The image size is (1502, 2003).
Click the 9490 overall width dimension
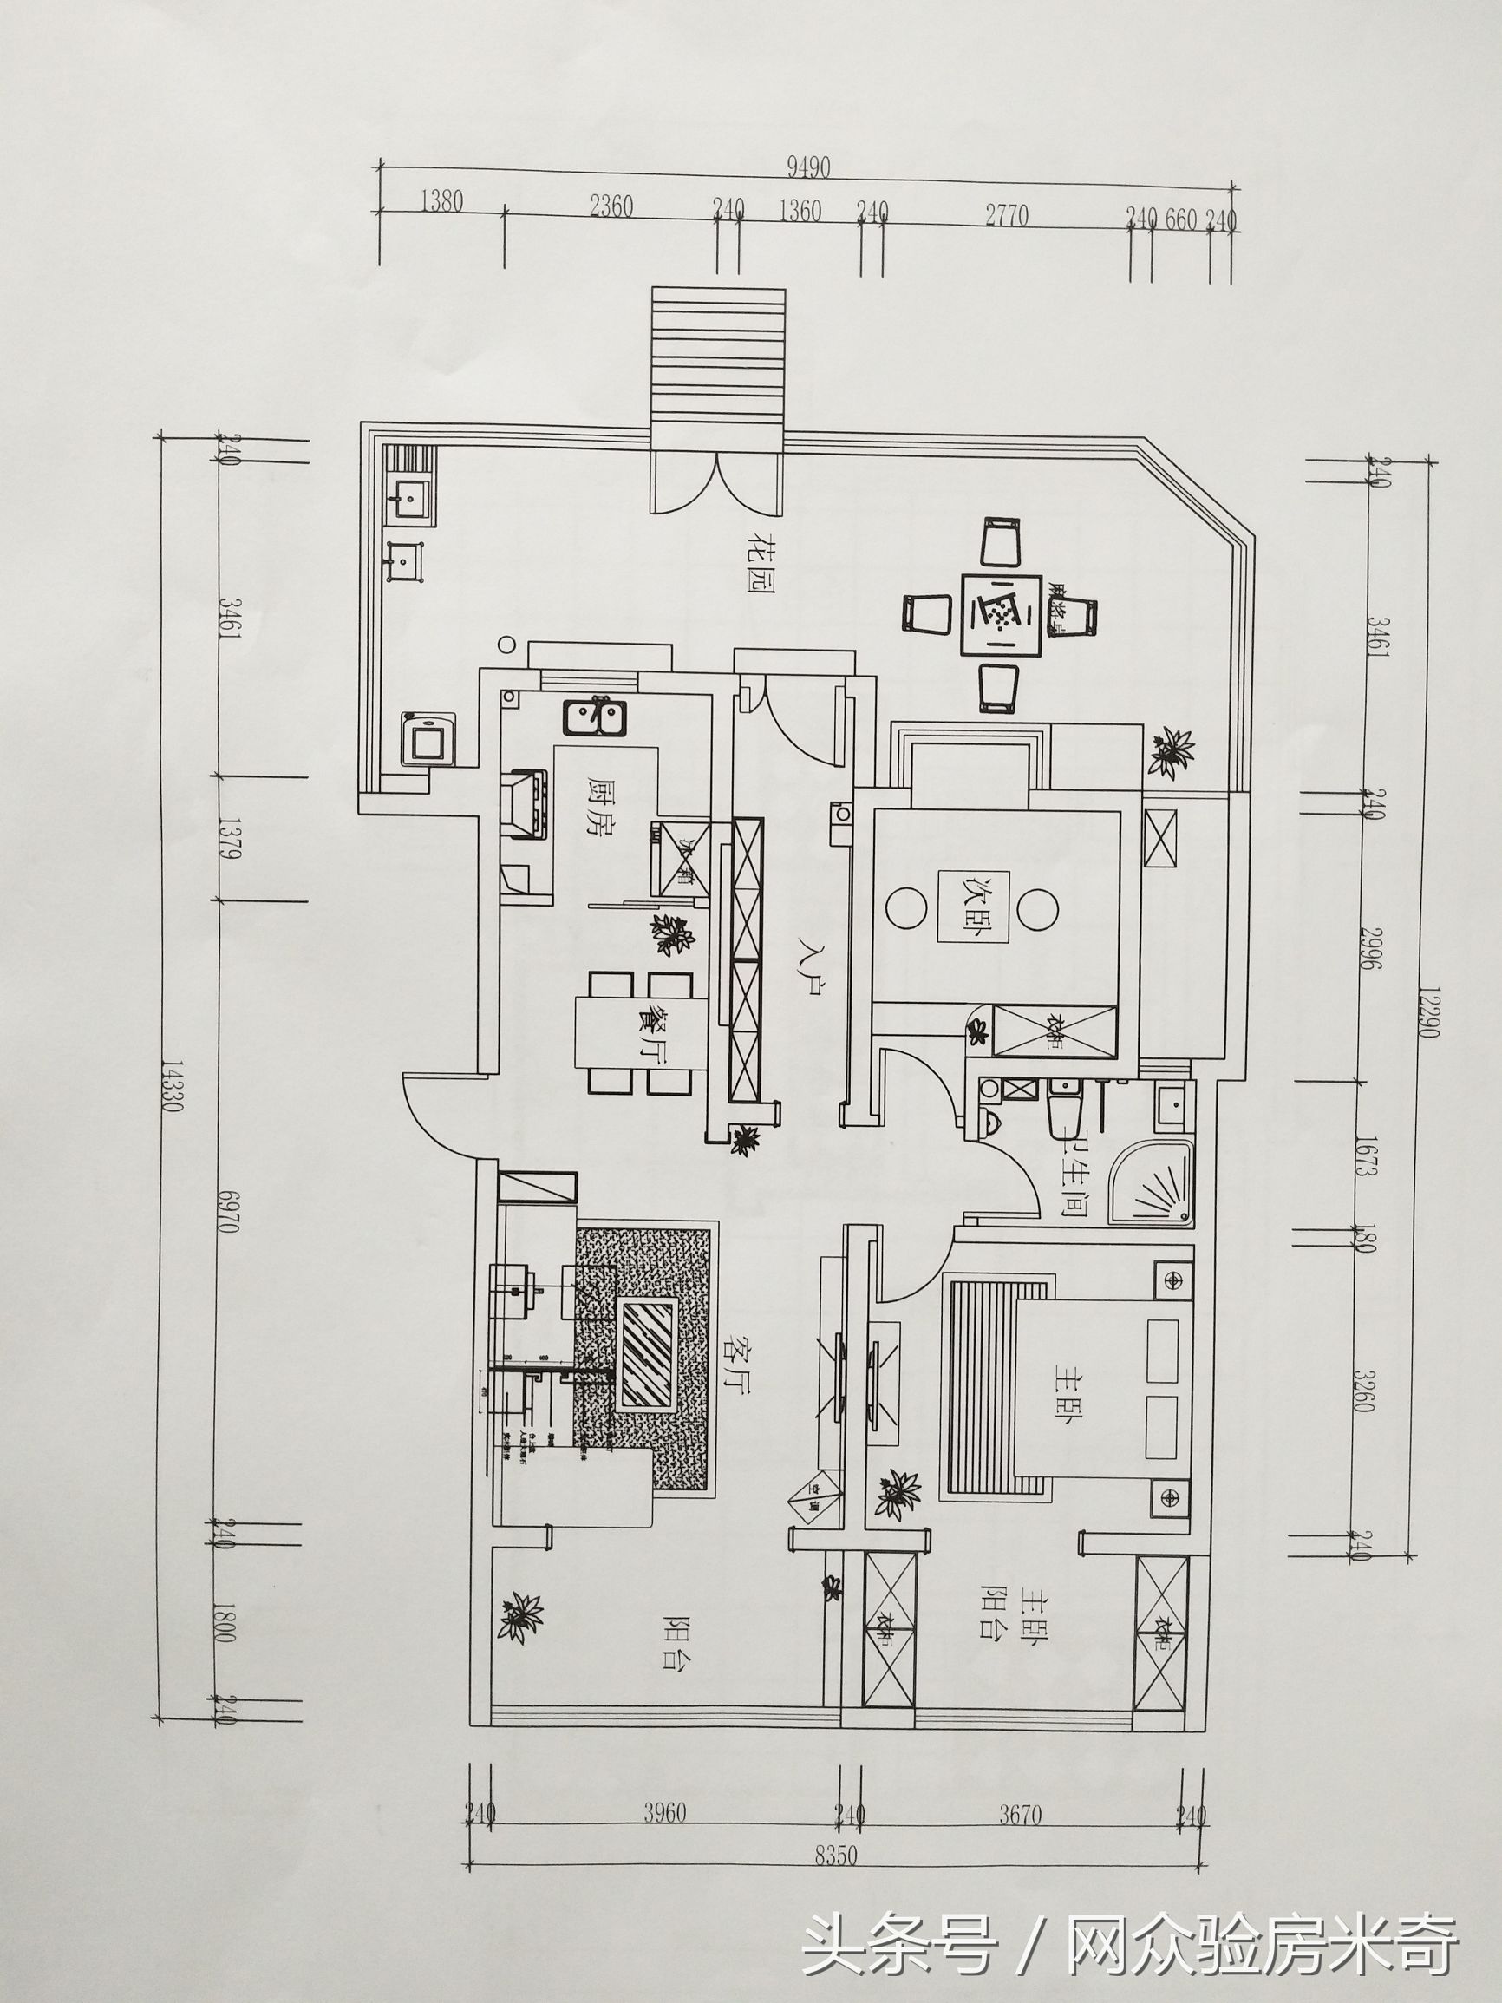point(808,167)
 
